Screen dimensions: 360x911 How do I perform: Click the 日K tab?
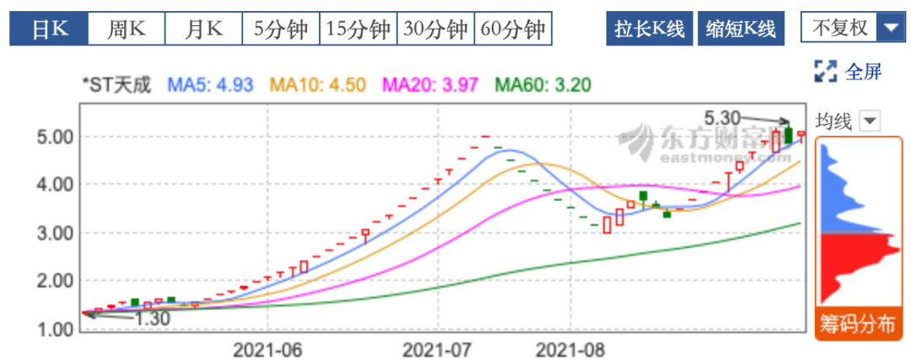coord(48,29)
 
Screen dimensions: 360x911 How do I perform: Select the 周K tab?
coord(126,29)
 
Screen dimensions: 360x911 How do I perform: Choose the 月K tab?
coord(203,29)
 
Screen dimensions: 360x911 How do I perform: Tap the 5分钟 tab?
coord(280,29)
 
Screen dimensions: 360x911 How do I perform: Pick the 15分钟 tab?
coord(358,29)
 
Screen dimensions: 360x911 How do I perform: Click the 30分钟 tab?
coord(435,29)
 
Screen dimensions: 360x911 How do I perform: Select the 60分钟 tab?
coord(513,29)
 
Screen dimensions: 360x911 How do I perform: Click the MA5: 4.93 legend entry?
coord(211,84)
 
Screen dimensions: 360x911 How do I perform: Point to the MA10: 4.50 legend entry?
coord(317,84)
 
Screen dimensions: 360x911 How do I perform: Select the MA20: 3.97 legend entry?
coord(430,84)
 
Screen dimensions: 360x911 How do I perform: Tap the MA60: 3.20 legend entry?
coord(542,84)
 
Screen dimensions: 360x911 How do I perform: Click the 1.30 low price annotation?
coord(152,319)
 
